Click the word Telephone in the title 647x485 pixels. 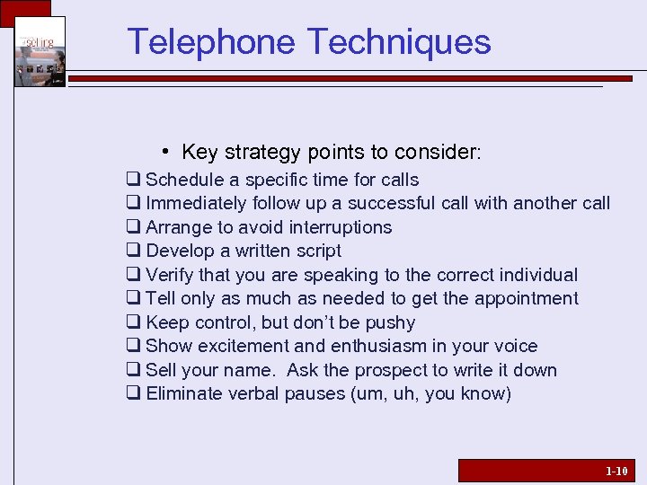point(211,42)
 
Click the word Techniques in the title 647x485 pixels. point(399,42)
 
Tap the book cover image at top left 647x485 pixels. point(40,52)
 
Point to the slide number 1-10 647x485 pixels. point(616,471)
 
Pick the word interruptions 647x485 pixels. point(337,227)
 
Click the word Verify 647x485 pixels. point(169,275)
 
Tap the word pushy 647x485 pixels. point(390,322)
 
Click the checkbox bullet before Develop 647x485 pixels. point(133,251)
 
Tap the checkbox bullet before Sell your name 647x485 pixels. point(133,370)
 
